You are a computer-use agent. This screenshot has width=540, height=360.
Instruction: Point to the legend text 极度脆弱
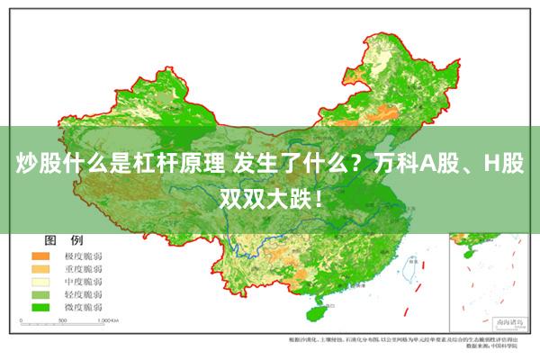pos(82,256)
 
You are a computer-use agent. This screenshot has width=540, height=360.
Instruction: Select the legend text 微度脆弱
pos(82,306)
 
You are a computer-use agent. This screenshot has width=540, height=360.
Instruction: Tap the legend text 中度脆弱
pos(82,281)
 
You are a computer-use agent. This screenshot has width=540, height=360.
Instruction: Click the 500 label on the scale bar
pos(63,321)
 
